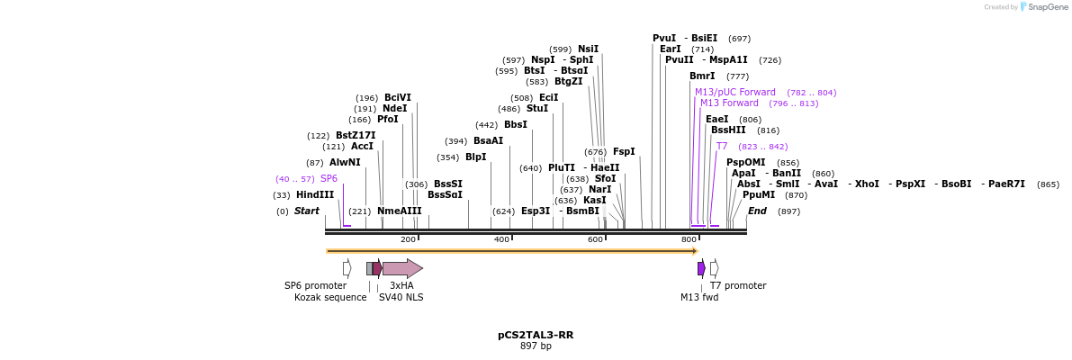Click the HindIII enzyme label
[314, 194]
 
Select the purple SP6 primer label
[329, 178]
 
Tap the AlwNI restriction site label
[345, 162]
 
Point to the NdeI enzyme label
[394, 108]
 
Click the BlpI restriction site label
[475, 157]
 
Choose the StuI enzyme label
[537, 108]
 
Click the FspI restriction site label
[624, 151]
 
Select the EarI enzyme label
[670, 49]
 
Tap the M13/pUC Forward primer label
[734, 92]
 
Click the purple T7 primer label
[722, 146]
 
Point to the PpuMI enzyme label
[758, 194]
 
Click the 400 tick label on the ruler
[501, 239]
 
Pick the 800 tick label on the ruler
[689, 239]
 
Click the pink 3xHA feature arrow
[402, 268]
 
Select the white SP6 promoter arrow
[347, 268]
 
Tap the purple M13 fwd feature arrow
[701, 268]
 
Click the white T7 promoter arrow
[714, 268]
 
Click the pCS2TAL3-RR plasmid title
[536, 335]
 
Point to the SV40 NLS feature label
[401, 297]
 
